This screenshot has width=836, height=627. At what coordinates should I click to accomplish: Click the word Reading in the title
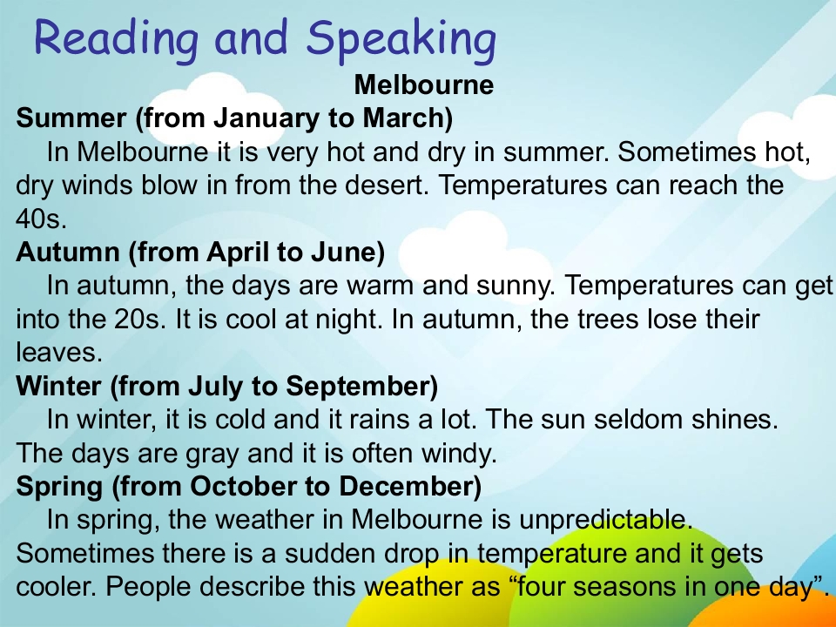pyautogui.click(x=116, y=39)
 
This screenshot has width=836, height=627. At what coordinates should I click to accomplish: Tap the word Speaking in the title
pyautogui.click(x=401, y=39)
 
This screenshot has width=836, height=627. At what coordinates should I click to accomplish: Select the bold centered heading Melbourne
pyautogui.click(x=424, y=84)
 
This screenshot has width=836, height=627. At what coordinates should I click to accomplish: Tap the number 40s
pyautogui.click(x=41, y=219)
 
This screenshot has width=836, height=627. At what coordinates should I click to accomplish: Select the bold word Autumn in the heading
pyautogui.click(x=68, y=253)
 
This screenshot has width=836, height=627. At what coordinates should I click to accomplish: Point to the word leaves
pyautogui.click(x=58, y=353)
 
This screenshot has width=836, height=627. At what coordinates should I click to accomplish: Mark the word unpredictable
pyautogui.click(x=605, y=520)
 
